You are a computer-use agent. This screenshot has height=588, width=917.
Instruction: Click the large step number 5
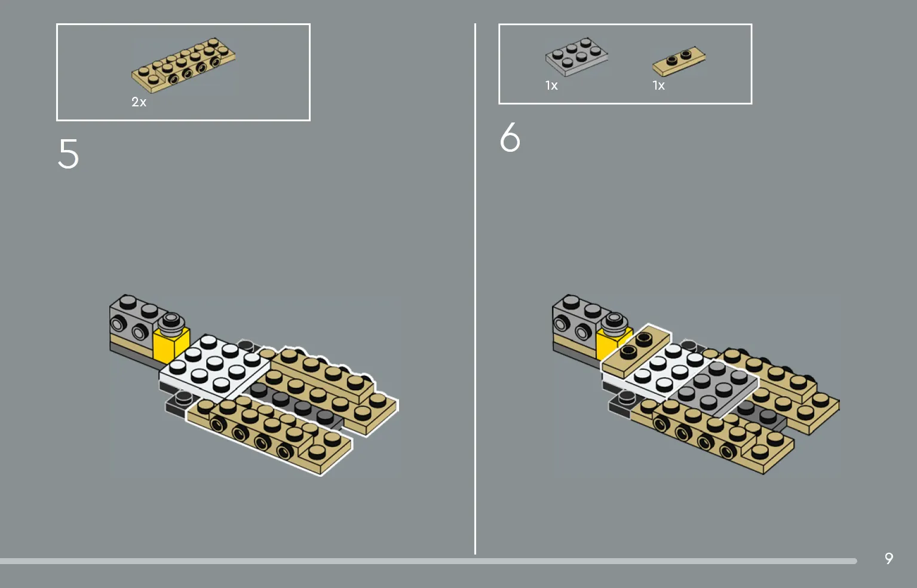click(68, 154)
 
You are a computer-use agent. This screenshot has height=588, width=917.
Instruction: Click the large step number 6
click(510, 137)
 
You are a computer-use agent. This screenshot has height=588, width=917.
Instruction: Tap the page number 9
click(889, 558)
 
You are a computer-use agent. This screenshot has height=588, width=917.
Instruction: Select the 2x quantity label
click(139, 102)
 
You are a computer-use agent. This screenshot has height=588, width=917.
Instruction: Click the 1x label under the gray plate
click(551, 85)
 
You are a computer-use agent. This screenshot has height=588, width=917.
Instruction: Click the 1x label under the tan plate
click(658, 85)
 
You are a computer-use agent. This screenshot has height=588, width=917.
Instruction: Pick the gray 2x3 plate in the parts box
click(576, 57)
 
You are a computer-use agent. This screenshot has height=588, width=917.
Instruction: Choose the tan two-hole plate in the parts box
click(679, 62)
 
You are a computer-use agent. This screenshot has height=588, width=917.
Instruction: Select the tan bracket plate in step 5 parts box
click(183, 66)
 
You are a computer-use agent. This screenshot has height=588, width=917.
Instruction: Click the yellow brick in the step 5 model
click(171, 345)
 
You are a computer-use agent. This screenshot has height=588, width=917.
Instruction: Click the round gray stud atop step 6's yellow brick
click(615, 322)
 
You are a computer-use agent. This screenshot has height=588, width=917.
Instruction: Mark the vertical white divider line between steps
click(475, 289)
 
